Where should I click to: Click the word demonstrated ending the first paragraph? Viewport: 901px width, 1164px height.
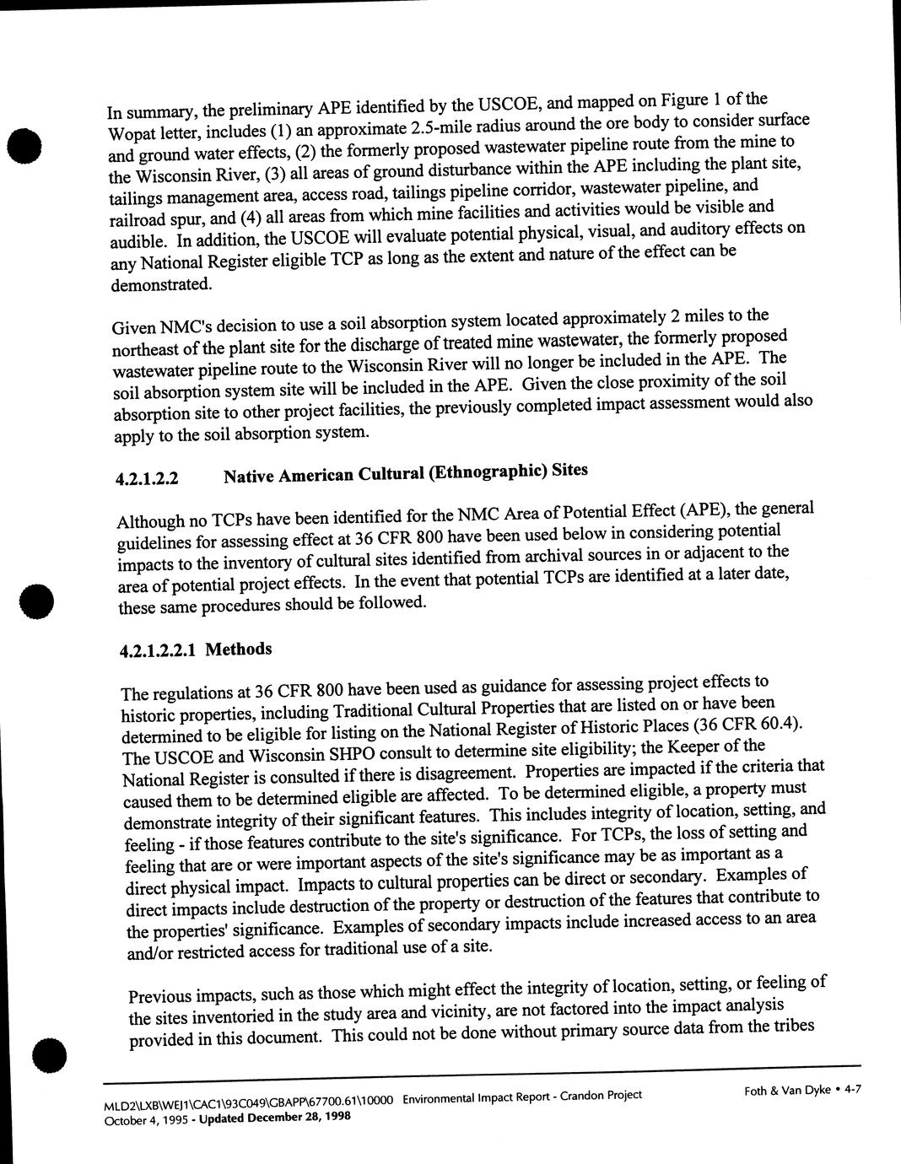tap(161, 284)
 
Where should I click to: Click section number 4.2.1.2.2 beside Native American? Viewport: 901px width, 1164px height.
tap(147, 479)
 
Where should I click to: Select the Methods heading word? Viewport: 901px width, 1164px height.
tap(239, 649)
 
